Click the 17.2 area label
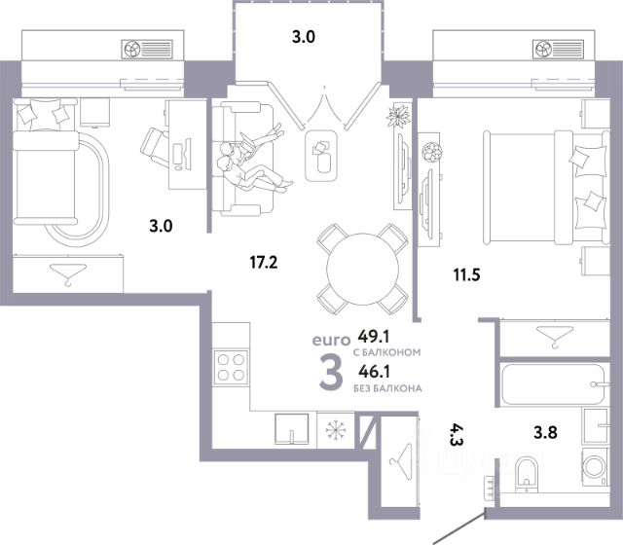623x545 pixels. click(x=264, y=262)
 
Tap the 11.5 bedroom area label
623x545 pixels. click(x=467, y=274)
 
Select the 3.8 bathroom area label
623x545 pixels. click(x=545, y=432)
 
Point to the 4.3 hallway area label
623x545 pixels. click(x=457, y=434)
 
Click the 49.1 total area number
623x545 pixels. click(x=374, y=337)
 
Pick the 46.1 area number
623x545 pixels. click(x=374, y=372)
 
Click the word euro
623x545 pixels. click(x=331, y=340)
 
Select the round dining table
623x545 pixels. click(x=362, y=269)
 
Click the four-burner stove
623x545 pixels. click(x=231, y=367)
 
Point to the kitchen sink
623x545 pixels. click(x=292, y=429)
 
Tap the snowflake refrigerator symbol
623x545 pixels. click(x=336, y=429)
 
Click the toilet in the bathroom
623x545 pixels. click(x=526, y=475)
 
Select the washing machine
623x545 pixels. click(x=595, y=467)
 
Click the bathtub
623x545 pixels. click(x=554, y=384)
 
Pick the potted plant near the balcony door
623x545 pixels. click(x=398, y=116)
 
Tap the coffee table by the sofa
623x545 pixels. click(x=321, y=156)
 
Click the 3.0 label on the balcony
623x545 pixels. click(x=304, y=37)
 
